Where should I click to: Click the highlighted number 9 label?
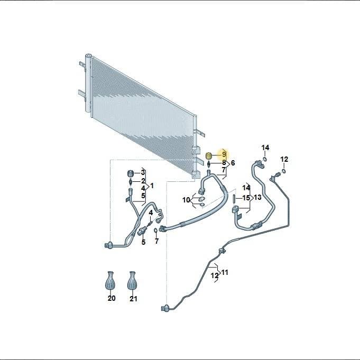(x=224, y=155)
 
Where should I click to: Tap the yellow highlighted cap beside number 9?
(x=209, y=155)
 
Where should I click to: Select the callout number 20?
(x=112, y=298)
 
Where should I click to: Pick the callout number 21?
(x=133, y=299)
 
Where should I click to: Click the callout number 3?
(x=143, y=172)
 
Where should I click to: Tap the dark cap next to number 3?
(x=131, y=173)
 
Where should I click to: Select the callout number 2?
(x=143, y=181)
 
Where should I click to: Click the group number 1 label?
(x=152, y=186)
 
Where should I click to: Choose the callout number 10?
(x=186, y=200)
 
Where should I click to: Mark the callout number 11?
(x=225, y=272)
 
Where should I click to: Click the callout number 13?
(x=257, y=197)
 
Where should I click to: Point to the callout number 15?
(x=246, y=198)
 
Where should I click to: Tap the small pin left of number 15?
(x=234, y=198)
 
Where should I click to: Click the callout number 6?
(x=233, y=163)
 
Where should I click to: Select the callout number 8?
(x=224, y=163)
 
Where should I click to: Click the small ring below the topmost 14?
(x=265, y=159)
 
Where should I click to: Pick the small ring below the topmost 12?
(x=284, y=171)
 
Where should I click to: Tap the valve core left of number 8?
(x=209, y=164)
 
